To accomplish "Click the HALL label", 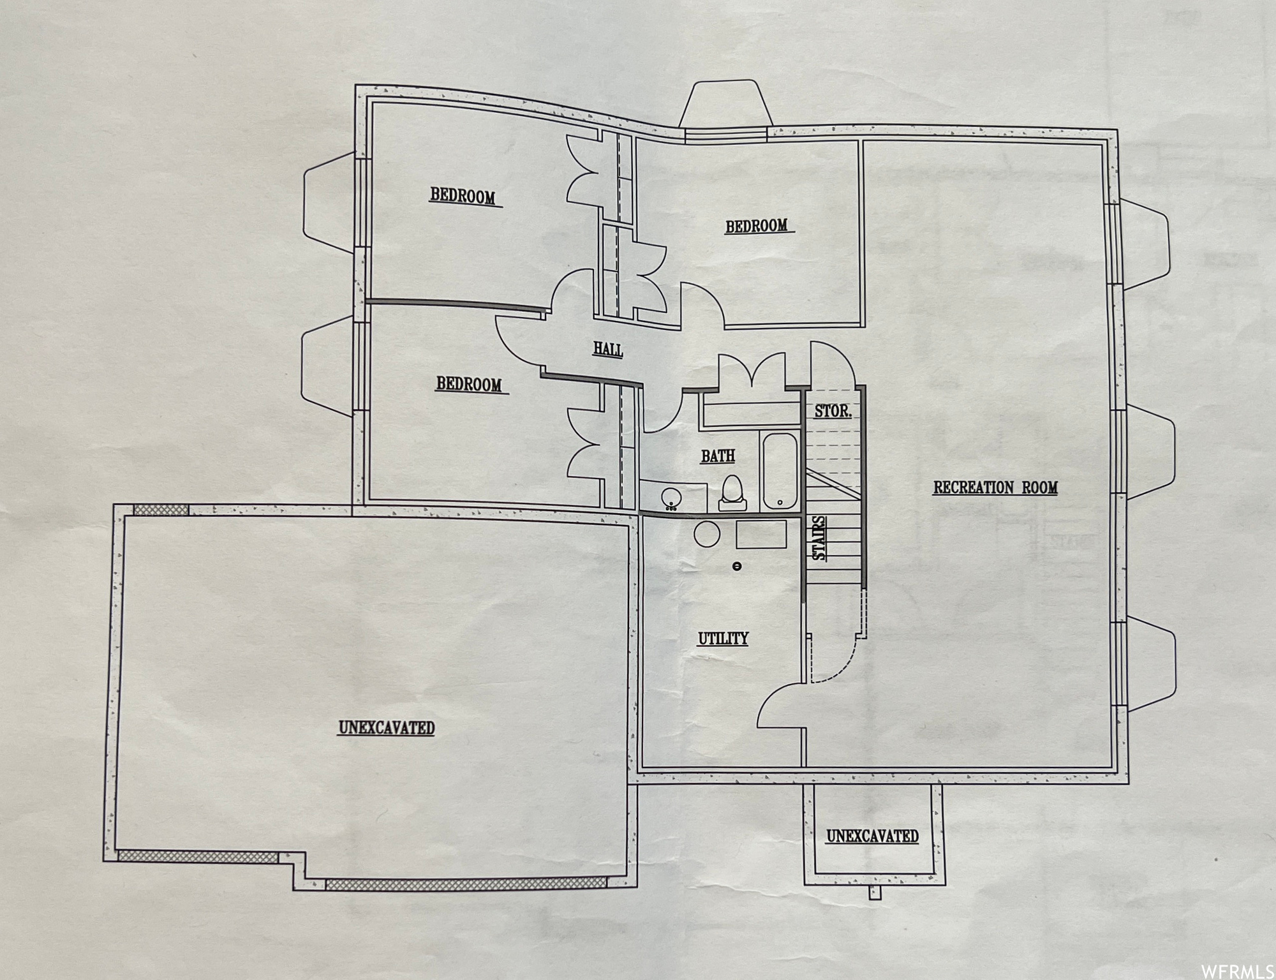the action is (x=607, y=350).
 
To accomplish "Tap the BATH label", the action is (x=718, y=456).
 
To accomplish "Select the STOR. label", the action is (x=833, y=412).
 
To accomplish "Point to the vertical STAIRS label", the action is (x=819, y=538).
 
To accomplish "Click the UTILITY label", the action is (x=723, y=639).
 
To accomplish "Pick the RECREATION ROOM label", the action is (x=995, y=488).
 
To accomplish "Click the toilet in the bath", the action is (x=732, y=493).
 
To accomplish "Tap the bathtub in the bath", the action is (x=779, y=471).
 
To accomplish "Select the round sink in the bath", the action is (x=671, y=498).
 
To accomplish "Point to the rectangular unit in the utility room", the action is (x=761, y=535).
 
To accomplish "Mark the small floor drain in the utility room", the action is (x=737, y=566).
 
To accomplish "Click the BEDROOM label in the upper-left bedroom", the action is (x=463, y=196).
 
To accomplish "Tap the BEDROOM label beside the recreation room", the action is (x=756, y=226).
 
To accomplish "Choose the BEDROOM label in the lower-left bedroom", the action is (x=469, y=384).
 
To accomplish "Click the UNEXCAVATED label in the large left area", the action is (x=387, y=727).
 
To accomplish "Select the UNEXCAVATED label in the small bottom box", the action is (x=872, y=836).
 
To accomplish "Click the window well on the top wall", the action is (x=725, y=104).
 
